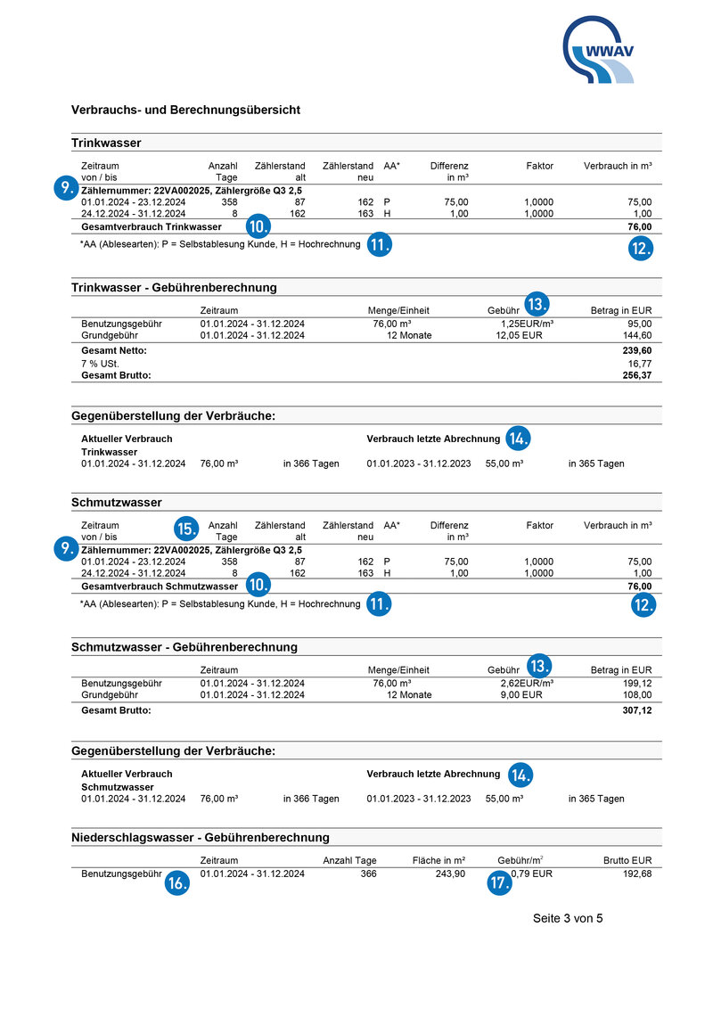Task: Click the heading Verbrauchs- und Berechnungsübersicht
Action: [x=185, y=110]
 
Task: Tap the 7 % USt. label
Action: [x=100, y=364]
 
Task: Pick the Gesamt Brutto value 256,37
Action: [x=636, y=375]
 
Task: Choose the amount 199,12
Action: [x=636, y=684]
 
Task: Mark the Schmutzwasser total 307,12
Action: [x=636, y=710]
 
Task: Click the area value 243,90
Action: [x=449, y=874]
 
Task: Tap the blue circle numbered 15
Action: [x=187, y=528]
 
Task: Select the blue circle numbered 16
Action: [x=177, y=883]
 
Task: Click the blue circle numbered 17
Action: [x=499, y=883]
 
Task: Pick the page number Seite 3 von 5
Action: [x=568, y=918]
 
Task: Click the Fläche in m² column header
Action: [x=439, y=861]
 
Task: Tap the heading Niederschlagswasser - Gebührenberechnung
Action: [x=201, y=837]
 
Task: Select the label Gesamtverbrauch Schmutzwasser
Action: [x=160, y=587]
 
